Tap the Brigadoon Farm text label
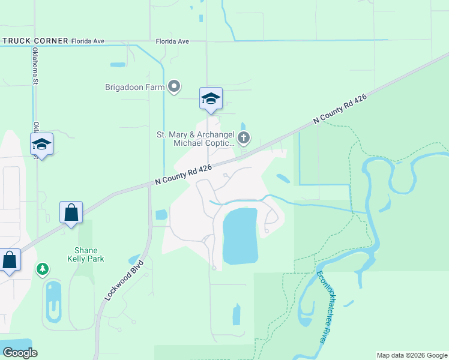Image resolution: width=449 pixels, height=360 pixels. point(134,87)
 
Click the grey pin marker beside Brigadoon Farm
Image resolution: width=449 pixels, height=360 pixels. point(175,87)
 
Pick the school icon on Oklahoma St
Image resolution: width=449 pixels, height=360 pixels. point(41,144)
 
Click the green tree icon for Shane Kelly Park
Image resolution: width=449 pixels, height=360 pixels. point(43,269)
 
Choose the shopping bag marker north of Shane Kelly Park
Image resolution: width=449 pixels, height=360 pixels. point(71,212)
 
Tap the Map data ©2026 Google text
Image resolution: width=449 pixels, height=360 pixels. point(412,355)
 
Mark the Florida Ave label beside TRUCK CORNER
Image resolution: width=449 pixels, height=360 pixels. point(88,41)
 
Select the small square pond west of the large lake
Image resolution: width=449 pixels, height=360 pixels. point(161,214)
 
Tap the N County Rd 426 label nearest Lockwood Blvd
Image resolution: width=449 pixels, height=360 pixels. point(183,175)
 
